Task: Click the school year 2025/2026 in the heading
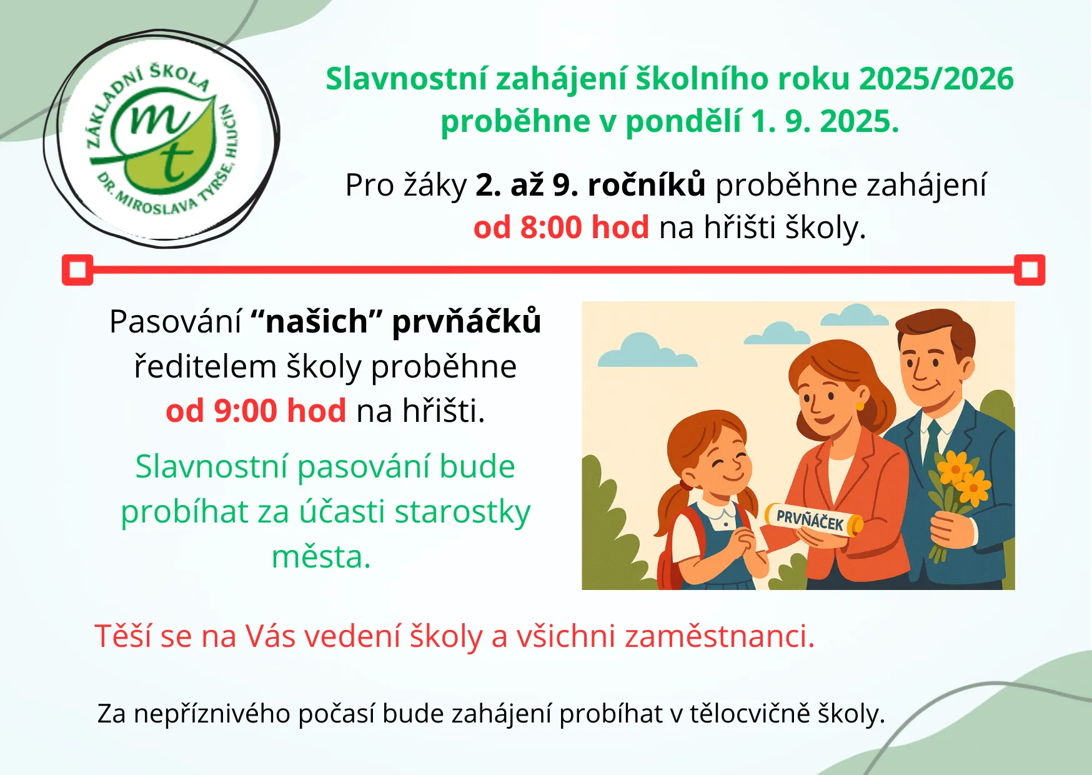point(936,79)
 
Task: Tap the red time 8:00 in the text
point(552,227)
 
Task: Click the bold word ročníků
point(647,186)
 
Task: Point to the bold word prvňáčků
point(466,321)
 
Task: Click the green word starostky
point(462,512)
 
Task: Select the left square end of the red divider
point(77,270)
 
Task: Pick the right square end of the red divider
point(1029,270)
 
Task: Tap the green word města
point(321,557)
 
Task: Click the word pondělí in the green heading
point(683,122)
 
